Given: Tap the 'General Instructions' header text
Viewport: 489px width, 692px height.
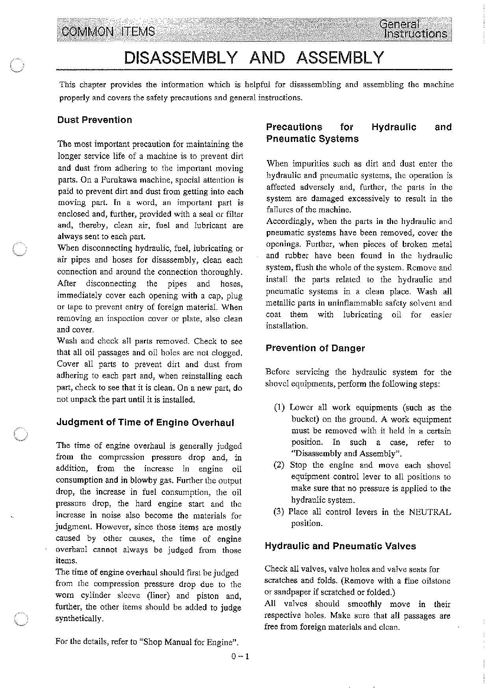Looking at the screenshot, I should point(414,30).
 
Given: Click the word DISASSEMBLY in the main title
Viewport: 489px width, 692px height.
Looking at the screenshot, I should point(181,58).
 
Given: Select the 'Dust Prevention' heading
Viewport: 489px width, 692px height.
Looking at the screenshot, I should point(95,120).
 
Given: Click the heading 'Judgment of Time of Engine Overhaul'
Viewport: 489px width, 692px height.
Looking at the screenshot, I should point(145,423).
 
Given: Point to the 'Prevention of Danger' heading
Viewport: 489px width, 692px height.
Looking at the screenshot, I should point(315,348).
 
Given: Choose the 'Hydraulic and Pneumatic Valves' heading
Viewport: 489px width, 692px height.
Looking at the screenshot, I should point(340,546).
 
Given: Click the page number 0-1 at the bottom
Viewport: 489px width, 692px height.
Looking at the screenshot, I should point(240,657).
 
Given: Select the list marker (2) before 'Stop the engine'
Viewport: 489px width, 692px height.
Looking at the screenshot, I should point(279,465).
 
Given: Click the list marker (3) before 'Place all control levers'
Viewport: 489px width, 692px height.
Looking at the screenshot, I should point(279,512).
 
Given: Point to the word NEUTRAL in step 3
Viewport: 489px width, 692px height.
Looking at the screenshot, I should point(430,512).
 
